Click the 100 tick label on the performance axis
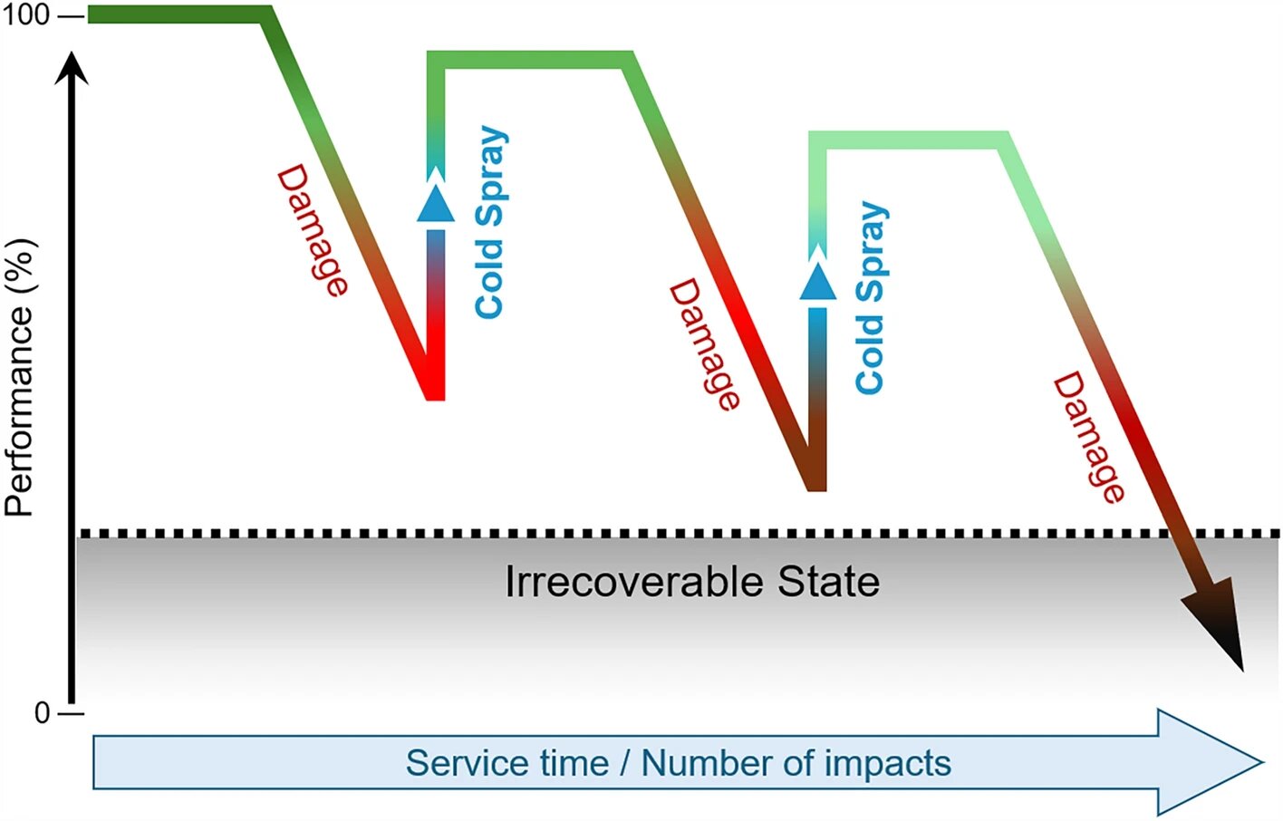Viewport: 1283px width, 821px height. pyautogui.click(x=25, y=15)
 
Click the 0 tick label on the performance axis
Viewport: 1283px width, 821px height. pyautogui.click(x=43, y=714)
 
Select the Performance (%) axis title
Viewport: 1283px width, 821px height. pyautogui.click(x=21, y=377)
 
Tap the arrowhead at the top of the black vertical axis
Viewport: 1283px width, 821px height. pyautogui.click(x=72, y=68)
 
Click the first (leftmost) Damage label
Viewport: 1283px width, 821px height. pyautogui.click(x=313, y=231)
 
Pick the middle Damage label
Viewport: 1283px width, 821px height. pyautogui.click(x=705, y=344)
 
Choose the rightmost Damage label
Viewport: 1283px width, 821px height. pyautogui.click(x=1089, y=438)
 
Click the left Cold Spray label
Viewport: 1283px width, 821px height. pyautogui.click(x=492, y=222)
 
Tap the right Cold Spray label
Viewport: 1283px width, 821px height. pyautogui.click(x=872, y=298)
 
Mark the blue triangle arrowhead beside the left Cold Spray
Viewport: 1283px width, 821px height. pyautogui.click(x=436, y=203)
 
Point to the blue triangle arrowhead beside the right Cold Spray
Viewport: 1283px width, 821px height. pyautogui.click(x=818, y=281)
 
